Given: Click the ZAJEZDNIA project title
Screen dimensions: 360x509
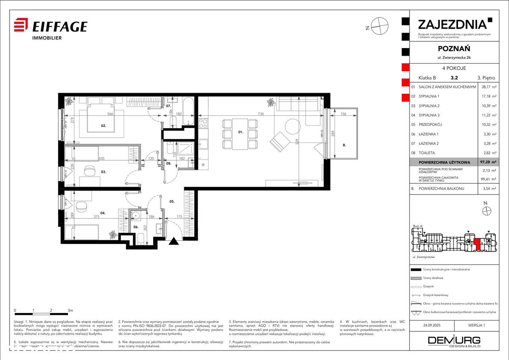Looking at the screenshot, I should click(x=452, y=24).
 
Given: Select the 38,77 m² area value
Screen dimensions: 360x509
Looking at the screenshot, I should click(x=488, y=87).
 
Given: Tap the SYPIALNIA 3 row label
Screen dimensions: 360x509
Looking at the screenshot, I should click(x=428, y=115).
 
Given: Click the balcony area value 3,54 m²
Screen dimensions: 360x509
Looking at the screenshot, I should click(x=488, y=189).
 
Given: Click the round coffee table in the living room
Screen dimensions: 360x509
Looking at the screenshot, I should click(x=293, y=127).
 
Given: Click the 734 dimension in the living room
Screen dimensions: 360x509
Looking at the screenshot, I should click(x=261, y=114).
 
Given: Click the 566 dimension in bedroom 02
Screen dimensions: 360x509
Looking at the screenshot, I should click(x=110, y=114).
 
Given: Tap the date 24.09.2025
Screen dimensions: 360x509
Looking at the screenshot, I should click(x=432, y=325).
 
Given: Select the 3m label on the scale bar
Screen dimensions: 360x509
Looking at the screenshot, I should click(x=70, y=310).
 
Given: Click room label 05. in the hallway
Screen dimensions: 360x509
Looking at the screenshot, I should click(x=172, y=201).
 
